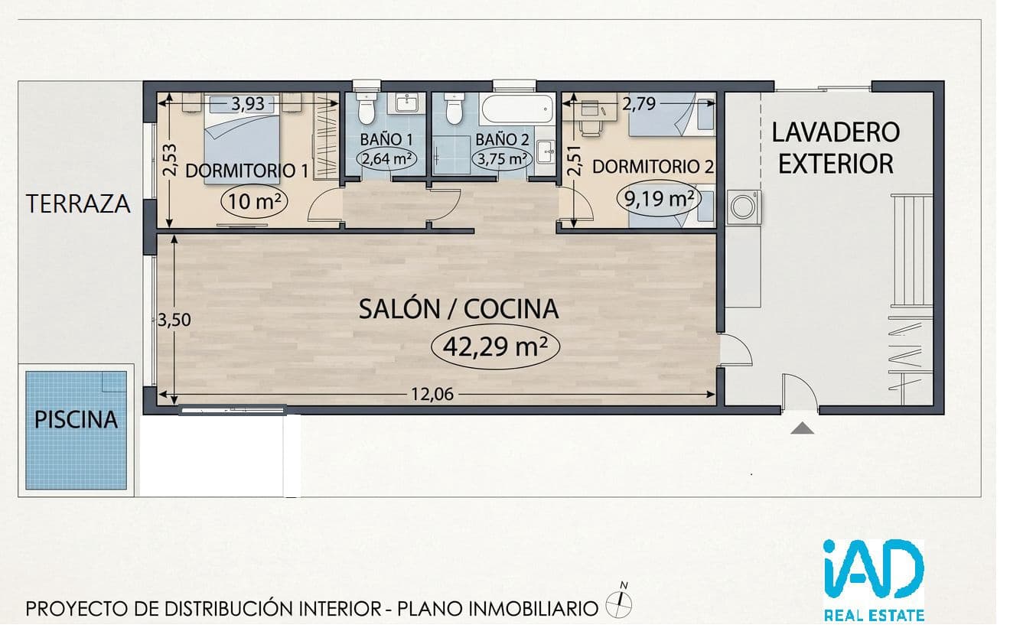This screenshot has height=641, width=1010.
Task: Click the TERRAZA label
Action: click(78, 203)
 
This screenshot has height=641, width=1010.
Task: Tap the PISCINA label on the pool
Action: click(76, 420)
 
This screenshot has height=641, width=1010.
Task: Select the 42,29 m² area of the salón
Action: click(495, 347)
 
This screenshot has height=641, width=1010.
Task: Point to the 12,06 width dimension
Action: click(432, 395)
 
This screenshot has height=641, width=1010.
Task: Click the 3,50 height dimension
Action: click(174, 320)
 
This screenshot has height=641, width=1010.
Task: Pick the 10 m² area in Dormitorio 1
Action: click(255, 201)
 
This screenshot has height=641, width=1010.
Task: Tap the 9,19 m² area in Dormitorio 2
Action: click(659, 198)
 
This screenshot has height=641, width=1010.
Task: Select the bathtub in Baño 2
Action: click(517, 109)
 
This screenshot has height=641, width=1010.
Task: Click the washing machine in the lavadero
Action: click(744, 207)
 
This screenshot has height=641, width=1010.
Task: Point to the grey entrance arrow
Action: click(802, 428)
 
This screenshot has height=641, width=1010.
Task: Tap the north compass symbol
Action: click(620, 601)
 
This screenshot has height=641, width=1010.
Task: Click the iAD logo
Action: click(873, 570)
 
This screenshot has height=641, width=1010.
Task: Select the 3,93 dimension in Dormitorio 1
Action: click(248, 104)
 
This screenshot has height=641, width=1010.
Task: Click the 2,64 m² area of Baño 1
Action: click(387, 159)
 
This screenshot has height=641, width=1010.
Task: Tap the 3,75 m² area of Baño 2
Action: click(502, 159)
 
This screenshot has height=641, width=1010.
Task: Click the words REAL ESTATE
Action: click(875, 615)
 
